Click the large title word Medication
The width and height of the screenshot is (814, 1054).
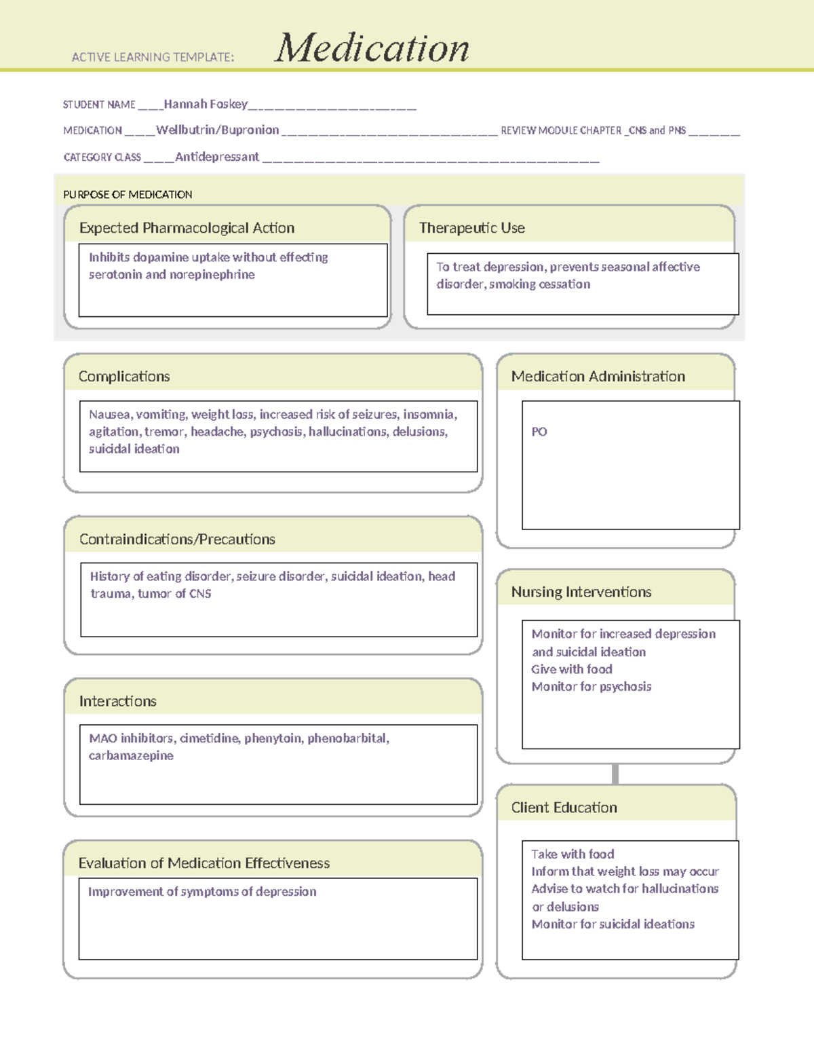coord(372,48)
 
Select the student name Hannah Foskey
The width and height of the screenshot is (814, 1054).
coord(206,104)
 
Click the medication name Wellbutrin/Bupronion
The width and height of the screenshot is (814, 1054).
coord(218,130)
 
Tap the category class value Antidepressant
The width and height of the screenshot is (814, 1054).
coord(217,157)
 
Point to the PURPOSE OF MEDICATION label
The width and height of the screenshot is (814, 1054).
coord(128,195)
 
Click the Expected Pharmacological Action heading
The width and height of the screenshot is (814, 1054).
coord(187,228)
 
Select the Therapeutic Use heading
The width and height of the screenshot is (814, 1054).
coord(472,228)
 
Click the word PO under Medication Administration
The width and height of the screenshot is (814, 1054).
coord(539,432)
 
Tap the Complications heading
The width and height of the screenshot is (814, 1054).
coord(124,377)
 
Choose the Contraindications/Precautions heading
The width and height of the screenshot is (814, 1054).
coord(177,540)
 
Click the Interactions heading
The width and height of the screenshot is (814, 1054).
coord(118,701)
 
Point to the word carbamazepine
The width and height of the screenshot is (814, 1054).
coord(131,755)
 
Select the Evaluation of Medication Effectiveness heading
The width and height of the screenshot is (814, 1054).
coord(204,863)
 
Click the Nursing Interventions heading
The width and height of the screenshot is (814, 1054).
coord(581,592)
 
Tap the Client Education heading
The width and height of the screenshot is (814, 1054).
coord(564,808)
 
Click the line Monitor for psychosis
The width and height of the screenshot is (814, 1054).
coord(592,686)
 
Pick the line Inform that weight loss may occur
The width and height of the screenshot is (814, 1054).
coord(625,871)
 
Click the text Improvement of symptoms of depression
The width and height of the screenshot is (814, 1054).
coord(202,892)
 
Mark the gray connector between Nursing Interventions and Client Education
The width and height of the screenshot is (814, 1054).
coord(615,774)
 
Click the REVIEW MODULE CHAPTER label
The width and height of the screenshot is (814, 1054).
coord(561,130)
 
